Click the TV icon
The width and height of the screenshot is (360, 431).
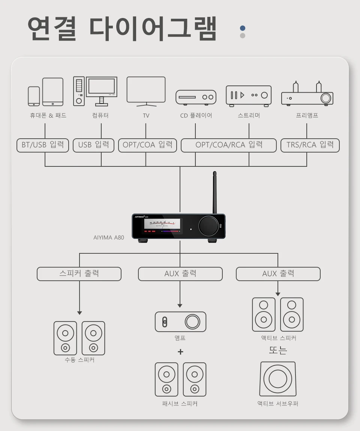146,90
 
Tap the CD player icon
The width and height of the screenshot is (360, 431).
196,97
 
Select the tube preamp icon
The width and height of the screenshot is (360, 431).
307,95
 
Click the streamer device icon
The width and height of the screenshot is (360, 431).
249,95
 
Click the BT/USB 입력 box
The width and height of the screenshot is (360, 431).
43,145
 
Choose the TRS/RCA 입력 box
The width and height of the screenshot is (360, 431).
310,145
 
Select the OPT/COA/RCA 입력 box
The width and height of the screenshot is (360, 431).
229,145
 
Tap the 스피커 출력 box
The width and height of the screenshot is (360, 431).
79,274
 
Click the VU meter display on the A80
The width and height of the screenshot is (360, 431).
162,224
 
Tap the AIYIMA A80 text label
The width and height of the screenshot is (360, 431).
109,237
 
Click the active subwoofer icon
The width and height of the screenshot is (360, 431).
277,379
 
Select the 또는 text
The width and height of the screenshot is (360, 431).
278,351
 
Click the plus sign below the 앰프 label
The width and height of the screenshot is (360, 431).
180,352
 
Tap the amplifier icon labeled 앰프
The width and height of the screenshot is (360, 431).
180,322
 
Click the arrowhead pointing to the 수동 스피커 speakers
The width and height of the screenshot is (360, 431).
79,313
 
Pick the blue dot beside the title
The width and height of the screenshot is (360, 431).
243,28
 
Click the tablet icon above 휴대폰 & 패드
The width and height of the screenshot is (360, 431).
53,92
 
